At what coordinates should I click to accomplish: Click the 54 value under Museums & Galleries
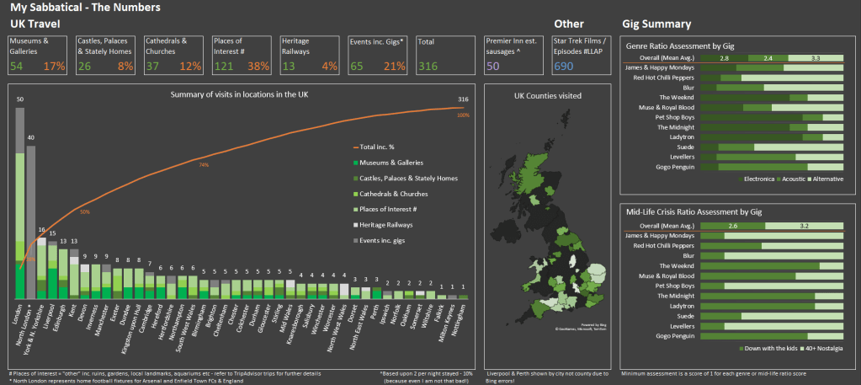click(17, 66)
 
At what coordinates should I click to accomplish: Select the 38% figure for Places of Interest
click(258, 66)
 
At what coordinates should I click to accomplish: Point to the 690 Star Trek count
click(564, 66)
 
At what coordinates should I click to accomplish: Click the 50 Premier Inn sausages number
click(492, 66)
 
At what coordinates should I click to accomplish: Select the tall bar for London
click(20, 202)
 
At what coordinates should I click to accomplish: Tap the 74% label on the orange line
click(204, 165)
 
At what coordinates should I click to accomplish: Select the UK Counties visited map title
click(547, 95)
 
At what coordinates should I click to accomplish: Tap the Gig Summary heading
click(656, 24)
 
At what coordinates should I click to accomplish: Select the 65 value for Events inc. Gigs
click(357, 66)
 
